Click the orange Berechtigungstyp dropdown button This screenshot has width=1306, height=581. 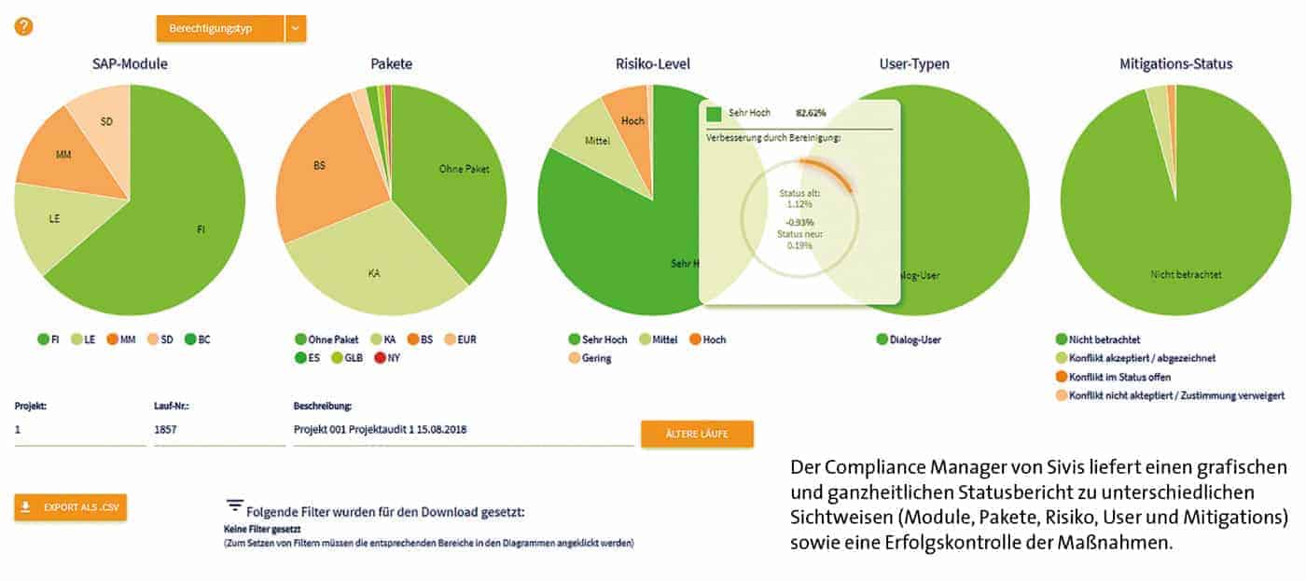click(x=220, y=29)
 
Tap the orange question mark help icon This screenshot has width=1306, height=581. click(x=23, y=26)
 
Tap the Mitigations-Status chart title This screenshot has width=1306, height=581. click(x=1175, y=64)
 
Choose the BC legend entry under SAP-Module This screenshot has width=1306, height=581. click(x=197, y=339)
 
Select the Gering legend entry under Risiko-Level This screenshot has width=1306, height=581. click(x=590, y=357)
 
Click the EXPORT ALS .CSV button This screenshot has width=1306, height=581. click(x=71, y=507)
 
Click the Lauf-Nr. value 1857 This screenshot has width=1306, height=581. click(x=166, y=431)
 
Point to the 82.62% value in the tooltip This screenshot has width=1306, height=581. click(x=811, y=113)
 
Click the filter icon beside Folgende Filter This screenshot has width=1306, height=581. click(x=235, y=505)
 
